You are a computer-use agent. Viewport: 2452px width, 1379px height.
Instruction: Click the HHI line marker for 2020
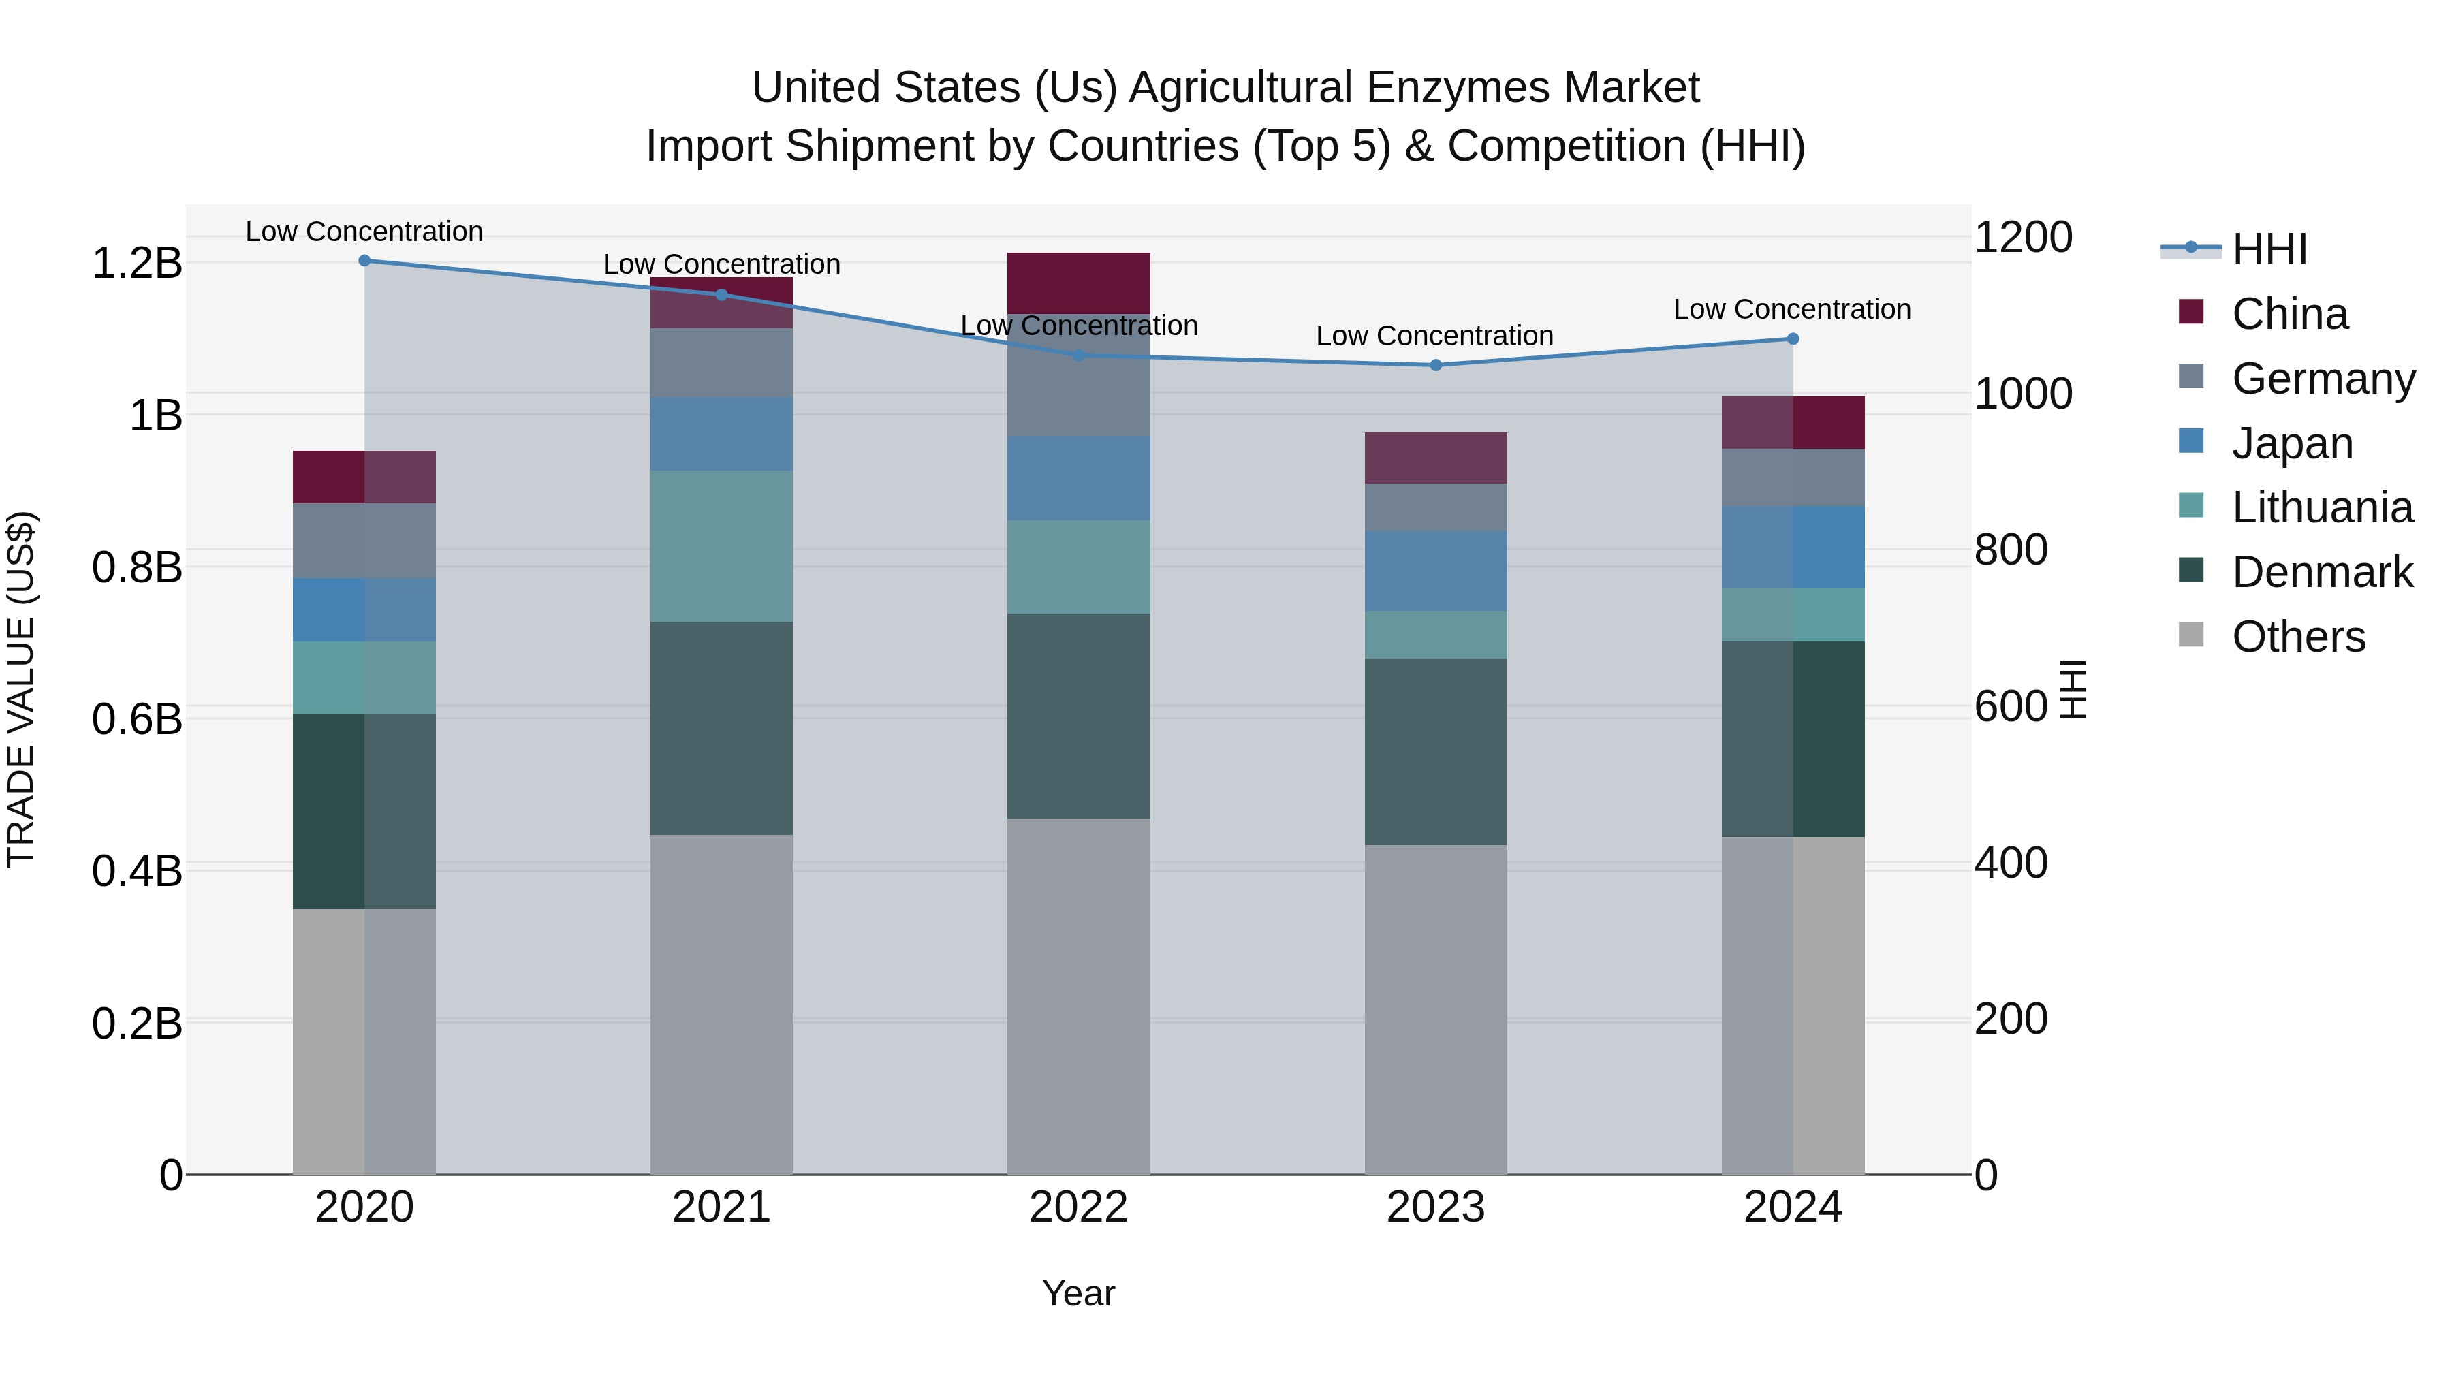(364, 260)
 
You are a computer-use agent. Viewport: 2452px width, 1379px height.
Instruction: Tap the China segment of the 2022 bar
(1078, 283)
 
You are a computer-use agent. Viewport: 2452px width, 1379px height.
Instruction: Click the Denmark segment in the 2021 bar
(721, 728)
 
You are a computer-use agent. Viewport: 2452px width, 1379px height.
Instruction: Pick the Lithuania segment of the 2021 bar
(721, 545)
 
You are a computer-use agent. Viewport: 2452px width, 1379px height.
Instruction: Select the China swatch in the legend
(2190, 312)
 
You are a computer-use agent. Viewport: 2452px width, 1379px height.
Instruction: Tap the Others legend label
(2298, 637)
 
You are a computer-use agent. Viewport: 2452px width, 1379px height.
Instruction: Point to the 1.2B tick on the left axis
(136, 264)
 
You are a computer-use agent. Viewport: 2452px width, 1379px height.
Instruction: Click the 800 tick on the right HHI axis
(2011, 550)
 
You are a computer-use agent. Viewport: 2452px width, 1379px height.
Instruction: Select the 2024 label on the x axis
(1793, 1207)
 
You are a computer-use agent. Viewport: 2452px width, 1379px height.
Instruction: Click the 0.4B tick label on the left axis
(136, 871)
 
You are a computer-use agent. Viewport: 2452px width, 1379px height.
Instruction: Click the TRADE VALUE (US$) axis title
(21, 689)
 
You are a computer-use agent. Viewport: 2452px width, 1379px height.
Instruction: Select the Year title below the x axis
(1078, 1293)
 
